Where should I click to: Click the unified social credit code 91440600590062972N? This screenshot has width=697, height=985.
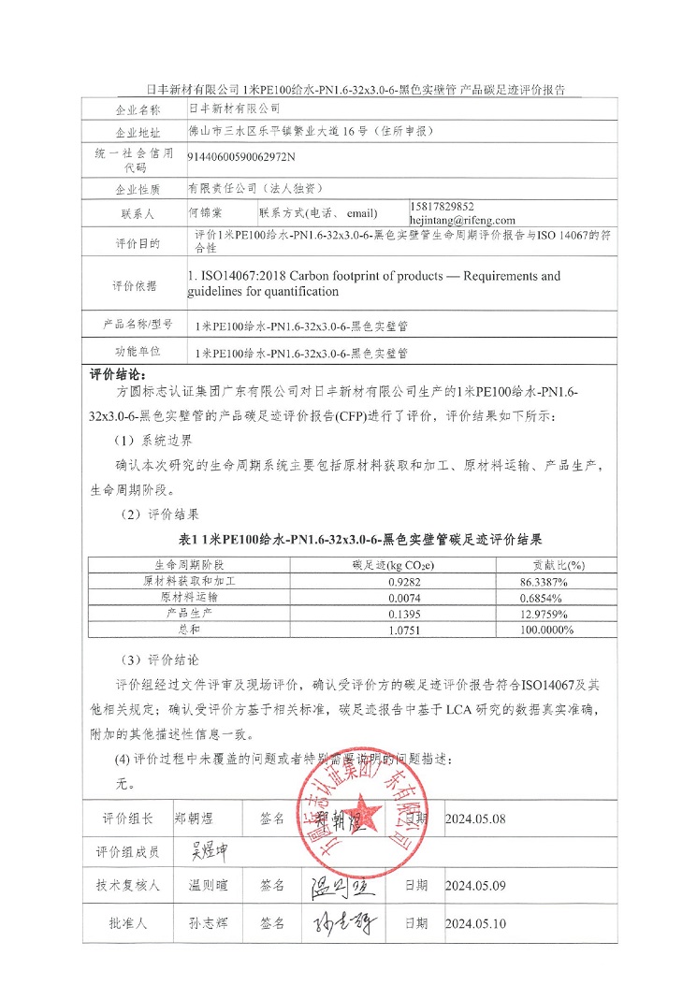point(241,157)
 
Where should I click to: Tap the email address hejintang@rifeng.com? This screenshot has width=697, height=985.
point(462,220)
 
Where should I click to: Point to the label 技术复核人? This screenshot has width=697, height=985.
point(128,885)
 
